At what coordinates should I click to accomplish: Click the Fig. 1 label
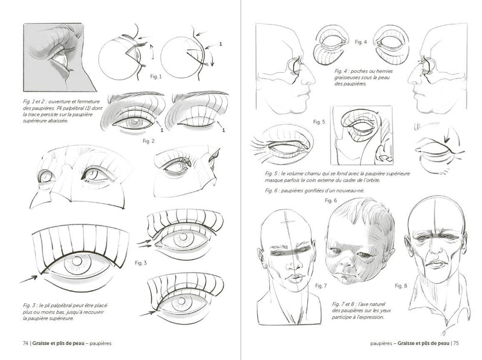(x=154, y=78)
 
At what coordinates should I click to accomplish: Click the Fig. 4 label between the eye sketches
(x=361, y=42)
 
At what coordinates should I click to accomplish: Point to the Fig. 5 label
(x=319, y=122)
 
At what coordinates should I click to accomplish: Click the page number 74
(x=25, y=344)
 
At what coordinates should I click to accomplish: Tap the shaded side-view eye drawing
(x=60, y=57)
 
